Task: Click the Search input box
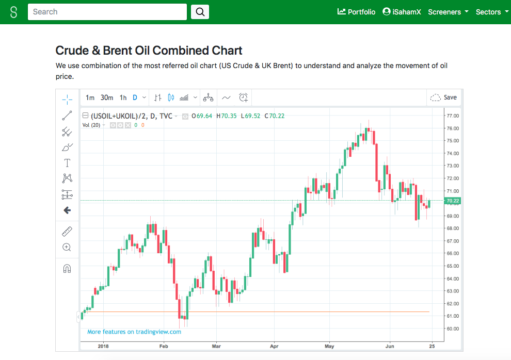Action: pos(107,12)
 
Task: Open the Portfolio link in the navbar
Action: pos(356,12)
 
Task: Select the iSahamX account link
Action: pos(402,12)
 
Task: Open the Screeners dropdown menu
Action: pos(448,12)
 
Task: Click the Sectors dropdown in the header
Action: pos(491,12)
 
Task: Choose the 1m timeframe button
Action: pos(90,97)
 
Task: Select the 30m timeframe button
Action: pos(107,97)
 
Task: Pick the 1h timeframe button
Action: pos(123,97)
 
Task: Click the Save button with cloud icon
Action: pos(443,97)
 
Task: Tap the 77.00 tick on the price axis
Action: pos(452,116)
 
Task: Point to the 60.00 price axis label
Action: pos(452,329)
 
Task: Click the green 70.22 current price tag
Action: pos(452,201)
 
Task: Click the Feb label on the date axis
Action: pos(164,346)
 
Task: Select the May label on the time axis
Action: pos(329,346)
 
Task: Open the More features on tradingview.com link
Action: pos(134,332)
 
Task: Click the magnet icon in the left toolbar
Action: pos(67,269)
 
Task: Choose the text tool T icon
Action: pos(67,163)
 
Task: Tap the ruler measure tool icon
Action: pos(67,232)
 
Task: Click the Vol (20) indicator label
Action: pos(91,125)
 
